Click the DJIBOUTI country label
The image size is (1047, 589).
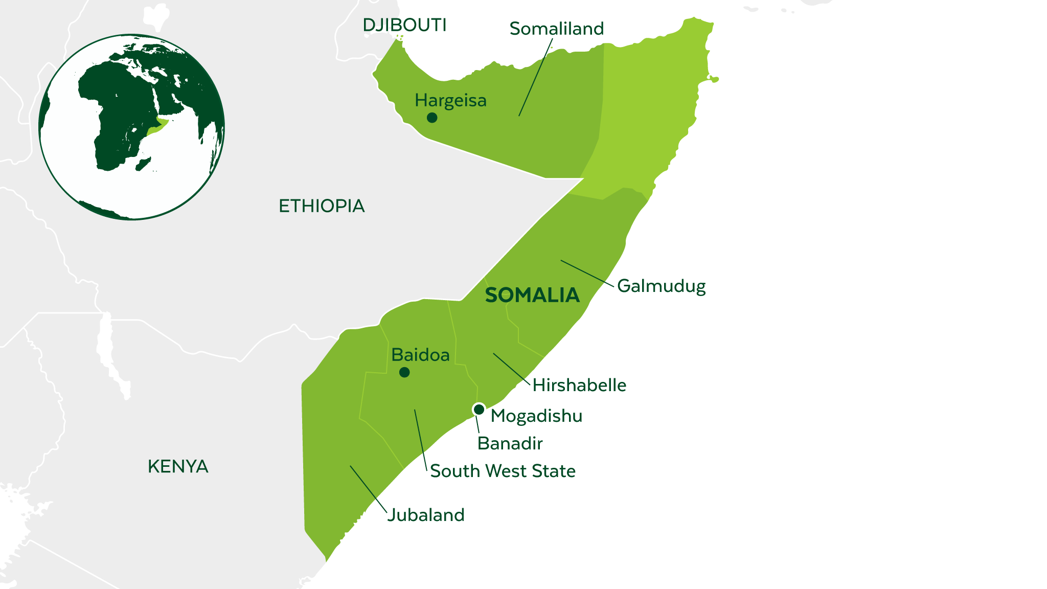pos(404,25)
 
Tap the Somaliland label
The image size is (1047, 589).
pos(556,29)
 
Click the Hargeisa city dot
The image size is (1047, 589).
pos(432,118)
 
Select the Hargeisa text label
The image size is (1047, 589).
pos(450,101)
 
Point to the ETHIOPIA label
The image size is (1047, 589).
pos(322,206)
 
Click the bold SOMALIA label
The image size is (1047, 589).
pos(532,296)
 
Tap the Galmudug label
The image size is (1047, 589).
pos(661,286)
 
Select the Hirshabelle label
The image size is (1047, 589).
pos(579,385)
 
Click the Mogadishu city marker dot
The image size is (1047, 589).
pos(479,410)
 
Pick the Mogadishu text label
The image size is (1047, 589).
pos(536,416)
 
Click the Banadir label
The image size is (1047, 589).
pos(510,443)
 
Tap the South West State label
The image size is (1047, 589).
pos(503,471)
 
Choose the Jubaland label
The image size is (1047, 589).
pos(426,515)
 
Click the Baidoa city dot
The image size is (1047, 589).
pos(404,372)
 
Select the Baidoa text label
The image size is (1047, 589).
pos(420,355)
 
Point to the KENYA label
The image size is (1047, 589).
pos(178,466)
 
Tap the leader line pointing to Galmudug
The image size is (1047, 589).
pos(587,273)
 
